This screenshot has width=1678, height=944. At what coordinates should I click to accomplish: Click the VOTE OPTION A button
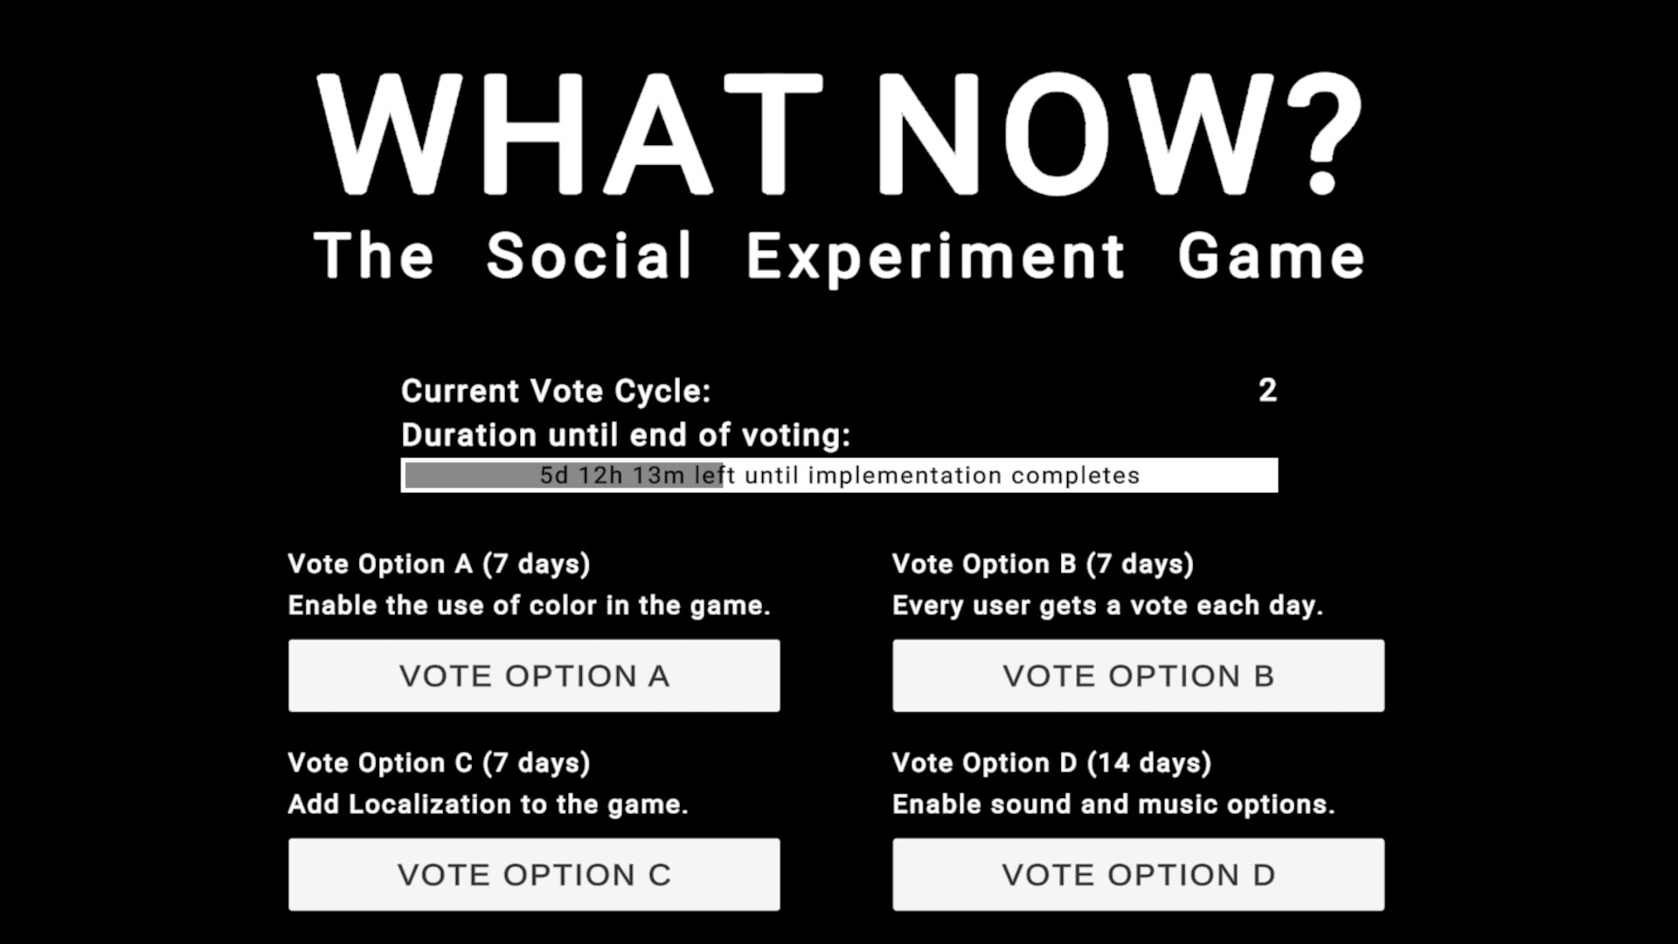(x=534, y=676)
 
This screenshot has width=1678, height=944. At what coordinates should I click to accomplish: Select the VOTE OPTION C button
(x=534, y=875)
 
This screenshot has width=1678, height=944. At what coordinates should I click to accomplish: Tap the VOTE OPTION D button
(x=1138, y=875)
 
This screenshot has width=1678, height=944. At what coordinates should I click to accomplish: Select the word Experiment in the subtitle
(x=935, y=256)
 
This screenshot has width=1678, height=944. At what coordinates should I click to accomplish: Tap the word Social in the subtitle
(x=589, y=256)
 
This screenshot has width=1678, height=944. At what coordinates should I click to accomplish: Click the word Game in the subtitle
(x=1271, y=256)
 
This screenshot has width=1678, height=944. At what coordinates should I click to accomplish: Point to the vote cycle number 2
(x=1267, y=391)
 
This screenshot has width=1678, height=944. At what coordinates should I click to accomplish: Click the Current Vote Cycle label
(x=556, y=391)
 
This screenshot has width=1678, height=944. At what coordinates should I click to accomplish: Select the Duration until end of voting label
(x=626, y=435)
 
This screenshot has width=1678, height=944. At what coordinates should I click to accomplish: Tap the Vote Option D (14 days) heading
(x=1051, y=763)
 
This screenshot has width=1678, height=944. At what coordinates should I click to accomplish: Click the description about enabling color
(x=529, y=606)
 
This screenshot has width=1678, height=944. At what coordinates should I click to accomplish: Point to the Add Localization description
(x=488, y=804)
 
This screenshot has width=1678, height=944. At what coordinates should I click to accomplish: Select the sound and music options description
(x=1113, y=804)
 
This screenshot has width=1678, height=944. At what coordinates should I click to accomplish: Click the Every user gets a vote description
(x=1107, y=606)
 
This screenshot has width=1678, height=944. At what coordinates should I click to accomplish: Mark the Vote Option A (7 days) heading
(x=439, y=564)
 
